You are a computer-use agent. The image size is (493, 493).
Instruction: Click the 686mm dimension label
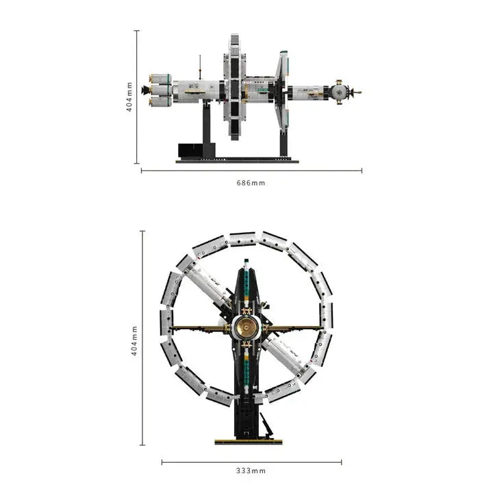click(251, 183)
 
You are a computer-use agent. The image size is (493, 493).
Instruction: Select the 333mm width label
click(251, 471)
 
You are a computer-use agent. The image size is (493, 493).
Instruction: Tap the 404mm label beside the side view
click(129, 97)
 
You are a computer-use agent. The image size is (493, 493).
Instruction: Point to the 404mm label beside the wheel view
click(134, 341)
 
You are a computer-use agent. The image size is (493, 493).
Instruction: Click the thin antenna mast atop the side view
click(200, 67)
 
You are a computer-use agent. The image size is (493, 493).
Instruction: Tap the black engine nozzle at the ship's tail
click(145, 90)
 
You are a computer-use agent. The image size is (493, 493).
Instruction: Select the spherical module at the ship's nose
click(339, 92)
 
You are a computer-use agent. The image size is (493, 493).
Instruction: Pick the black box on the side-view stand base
click(190, 150)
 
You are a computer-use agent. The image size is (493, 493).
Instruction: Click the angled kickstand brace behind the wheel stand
click(266, 425)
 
